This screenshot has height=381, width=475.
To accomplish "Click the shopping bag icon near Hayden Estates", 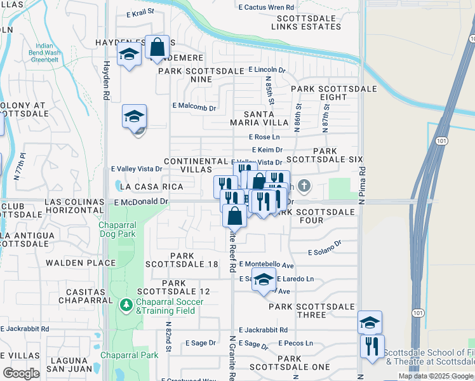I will (x=157, y=47).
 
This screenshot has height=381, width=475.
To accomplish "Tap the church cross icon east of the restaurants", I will (x=305, y=186).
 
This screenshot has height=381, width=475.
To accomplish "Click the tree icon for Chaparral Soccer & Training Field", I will (x=126, y=305).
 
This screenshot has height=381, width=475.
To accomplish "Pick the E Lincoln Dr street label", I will (x=267, y=69).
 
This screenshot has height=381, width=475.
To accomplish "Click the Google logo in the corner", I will (x=21, y=373).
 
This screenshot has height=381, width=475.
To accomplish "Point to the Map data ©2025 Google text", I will (x=435, y=376).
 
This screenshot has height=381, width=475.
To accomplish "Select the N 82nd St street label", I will (x=170, y=340).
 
